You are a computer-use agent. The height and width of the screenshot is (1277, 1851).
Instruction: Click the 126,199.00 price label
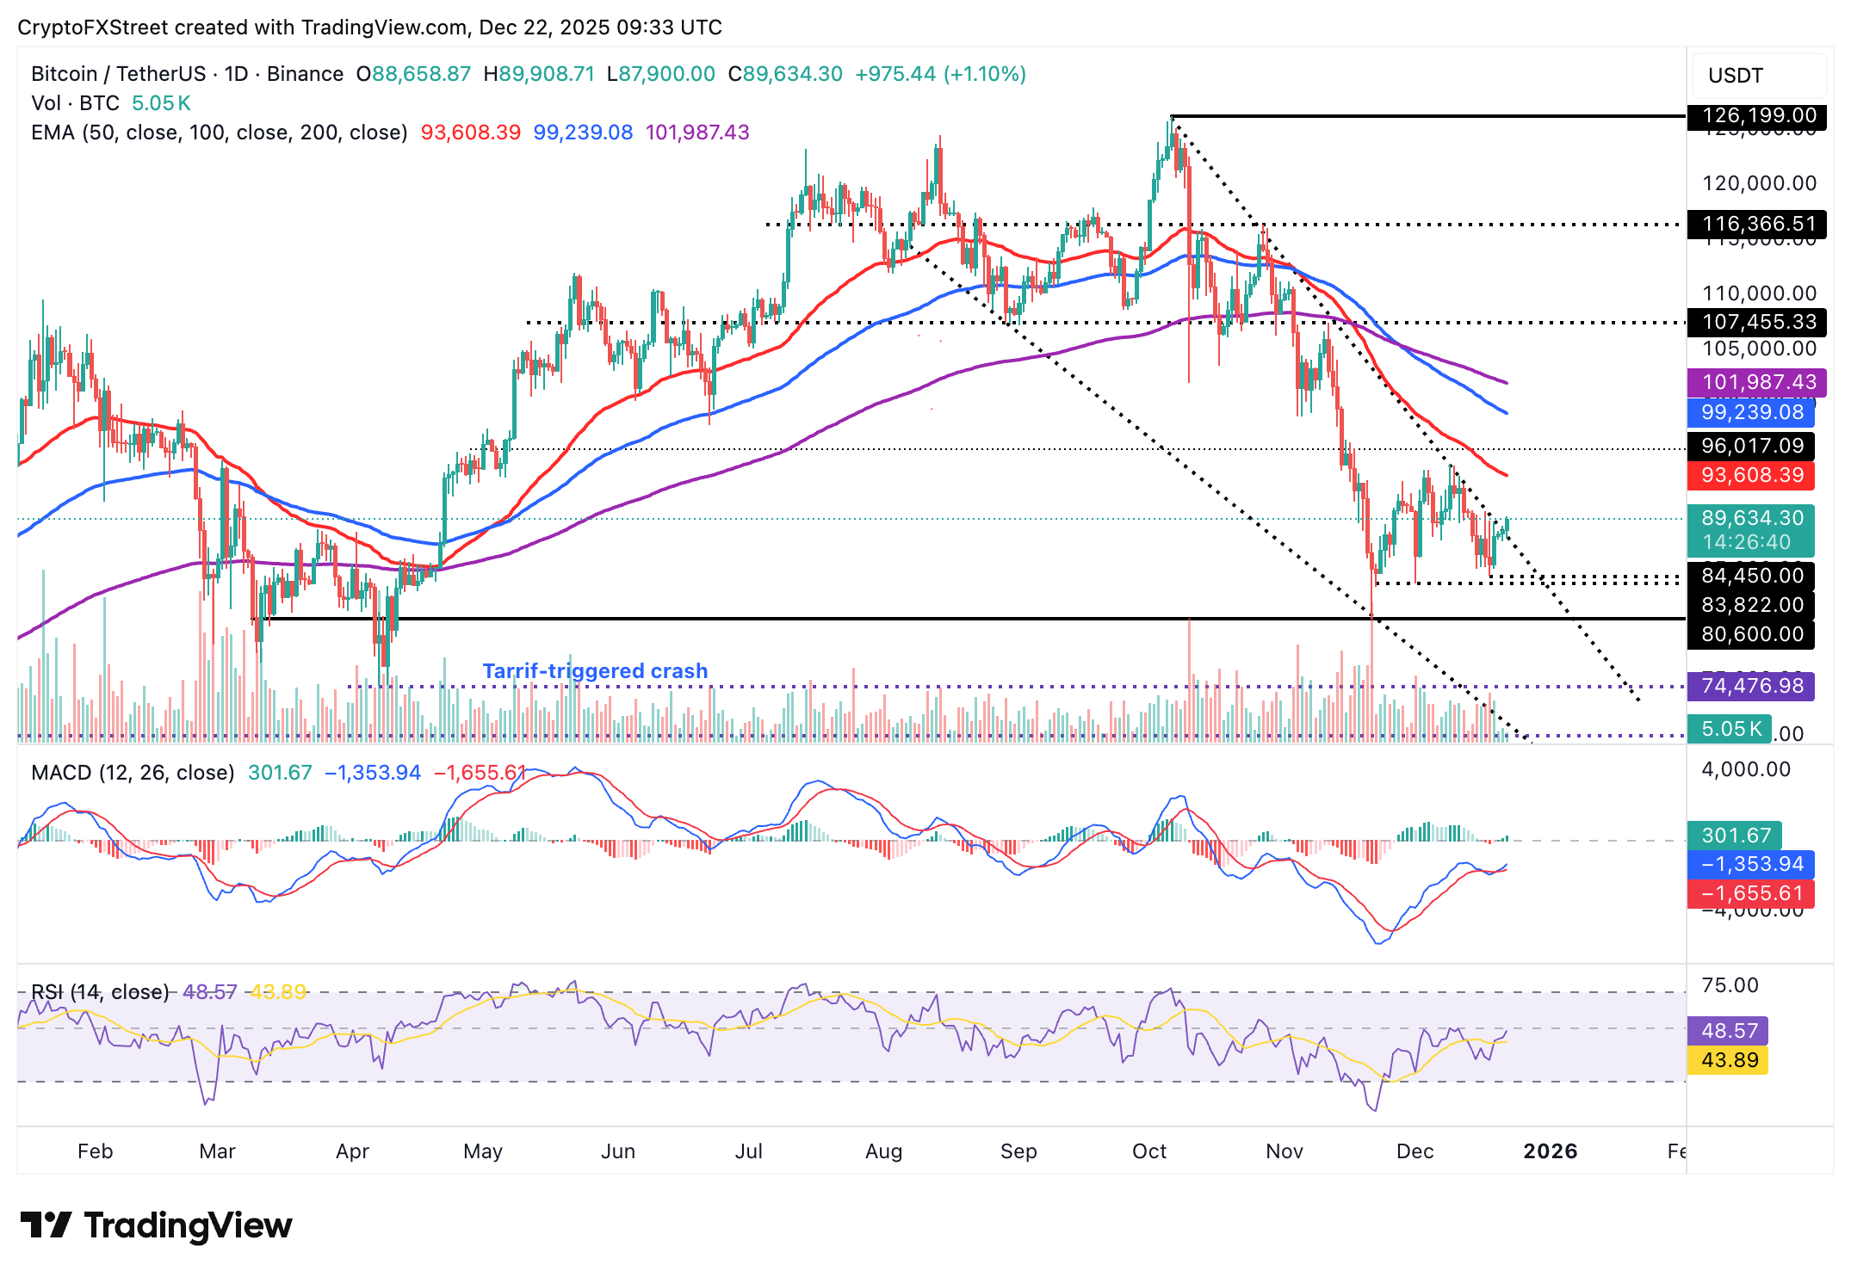[x=1751, y=115]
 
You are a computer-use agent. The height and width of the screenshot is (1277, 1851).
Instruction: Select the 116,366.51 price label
[x=1751, y=225]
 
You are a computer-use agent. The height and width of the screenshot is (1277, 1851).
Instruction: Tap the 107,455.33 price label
[x=1751, y=323]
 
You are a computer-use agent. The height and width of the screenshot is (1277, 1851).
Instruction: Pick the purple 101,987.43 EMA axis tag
[x=1751, y=382]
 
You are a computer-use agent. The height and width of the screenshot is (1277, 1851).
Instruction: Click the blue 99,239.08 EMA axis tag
[x=1751, y=412]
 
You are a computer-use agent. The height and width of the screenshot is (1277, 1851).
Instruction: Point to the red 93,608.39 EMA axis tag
[x=1751, y=475]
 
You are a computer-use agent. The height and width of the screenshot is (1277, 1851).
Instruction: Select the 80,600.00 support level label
[x=1751, y=634]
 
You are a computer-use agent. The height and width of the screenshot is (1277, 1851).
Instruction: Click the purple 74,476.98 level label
[x=1751, y=686]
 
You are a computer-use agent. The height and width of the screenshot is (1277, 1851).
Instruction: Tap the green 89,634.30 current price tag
[x=1751, y=518]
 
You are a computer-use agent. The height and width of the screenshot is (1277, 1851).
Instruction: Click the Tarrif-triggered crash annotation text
[x=595, y=671]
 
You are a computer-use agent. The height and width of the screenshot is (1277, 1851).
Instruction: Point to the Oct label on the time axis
[x=1148, y=1151]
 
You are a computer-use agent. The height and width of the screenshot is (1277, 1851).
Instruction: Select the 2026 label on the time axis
[x=1550, y=1151]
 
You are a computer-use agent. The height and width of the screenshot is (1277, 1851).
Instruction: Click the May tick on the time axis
[x=482, y=1151]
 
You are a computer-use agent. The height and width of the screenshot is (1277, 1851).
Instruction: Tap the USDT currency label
[x=1735, y=76]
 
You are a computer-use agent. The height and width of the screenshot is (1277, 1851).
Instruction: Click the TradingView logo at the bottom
[x=156, y=1225]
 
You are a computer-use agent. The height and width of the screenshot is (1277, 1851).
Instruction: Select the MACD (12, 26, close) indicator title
[x=133, y=773]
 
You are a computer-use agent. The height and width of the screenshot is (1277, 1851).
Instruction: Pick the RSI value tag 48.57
[x=1729, y=1031]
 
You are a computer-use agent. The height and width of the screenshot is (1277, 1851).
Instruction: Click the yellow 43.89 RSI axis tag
[x=1729, y=1060]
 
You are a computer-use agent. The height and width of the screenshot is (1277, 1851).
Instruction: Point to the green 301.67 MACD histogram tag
[x=1735, y=836]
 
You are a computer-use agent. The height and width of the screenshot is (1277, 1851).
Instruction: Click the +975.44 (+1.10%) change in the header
[x=940, y=74]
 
